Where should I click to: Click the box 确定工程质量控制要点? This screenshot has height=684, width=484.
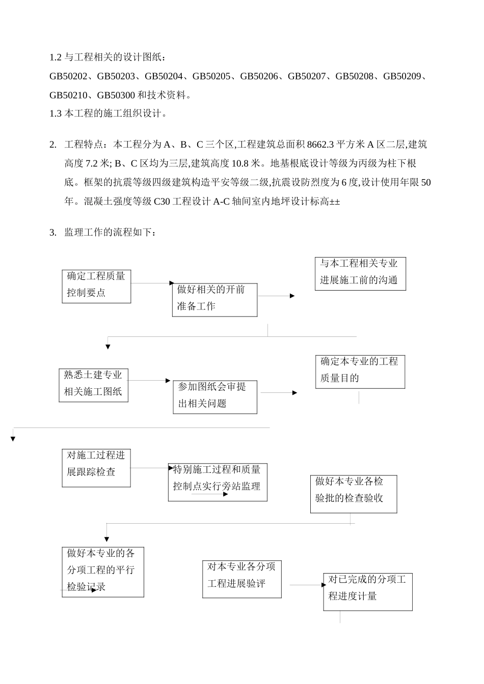coord(96,287)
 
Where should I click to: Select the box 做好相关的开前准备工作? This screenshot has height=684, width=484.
coord(214,300)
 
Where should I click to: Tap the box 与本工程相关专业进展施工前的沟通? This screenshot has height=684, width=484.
coord(360,274)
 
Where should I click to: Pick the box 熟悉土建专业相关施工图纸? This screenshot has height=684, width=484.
coord(93,385)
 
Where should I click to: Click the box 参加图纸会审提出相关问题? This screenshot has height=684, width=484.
coord(214,397)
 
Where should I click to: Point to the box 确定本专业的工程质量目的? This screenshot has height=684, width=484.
coord(360,372)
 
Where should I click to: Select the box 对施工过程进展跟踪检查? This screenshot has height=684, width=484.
coord(96,468)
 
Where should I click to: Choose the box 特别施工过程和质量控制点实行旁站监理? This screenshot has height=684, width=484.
coord(218,482)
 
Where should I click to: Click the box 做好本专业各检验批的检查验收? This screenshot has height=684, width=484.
coord(354,494)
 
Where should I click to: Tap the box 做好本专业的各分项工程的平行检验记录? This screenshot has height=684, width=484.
coord(103,572)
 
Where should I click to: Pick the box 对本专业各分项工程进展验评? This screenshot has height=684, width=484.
coord(241,579)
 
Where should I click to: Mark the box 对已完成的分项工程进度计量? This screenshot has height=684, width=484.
coord(367,592)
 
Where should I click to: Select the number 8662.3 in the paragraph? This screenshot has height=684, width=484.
coord(320,145)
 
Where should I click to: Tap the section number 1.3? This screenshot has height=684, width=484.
coord(55,113)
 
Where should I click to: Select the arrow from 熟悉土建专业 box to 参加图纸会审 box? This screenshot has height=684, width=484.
coord(149,381)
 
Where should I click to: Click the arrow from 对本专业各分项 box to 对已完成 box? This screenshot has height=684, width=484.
coord(307,585)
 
